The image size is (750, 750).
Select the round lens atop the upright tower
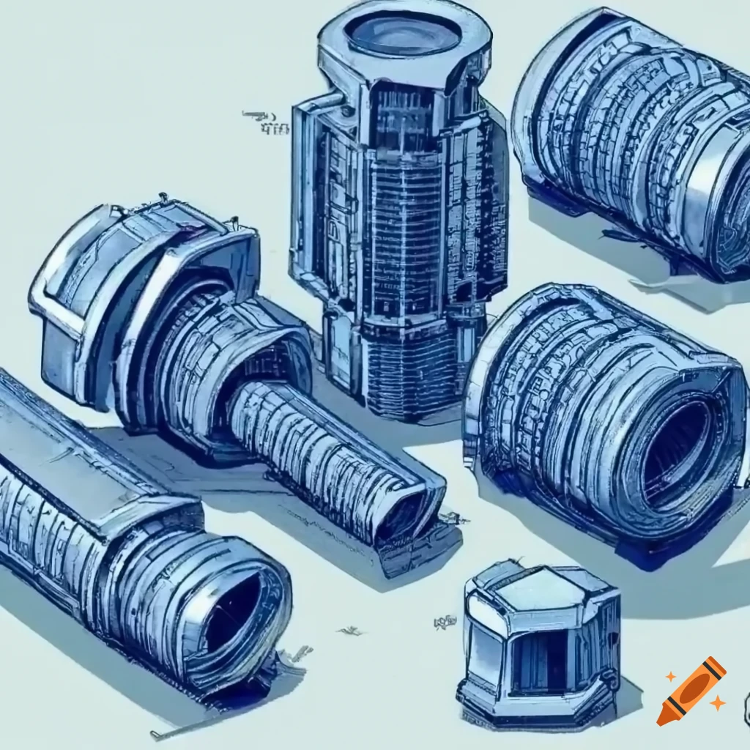coord(402,33)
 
